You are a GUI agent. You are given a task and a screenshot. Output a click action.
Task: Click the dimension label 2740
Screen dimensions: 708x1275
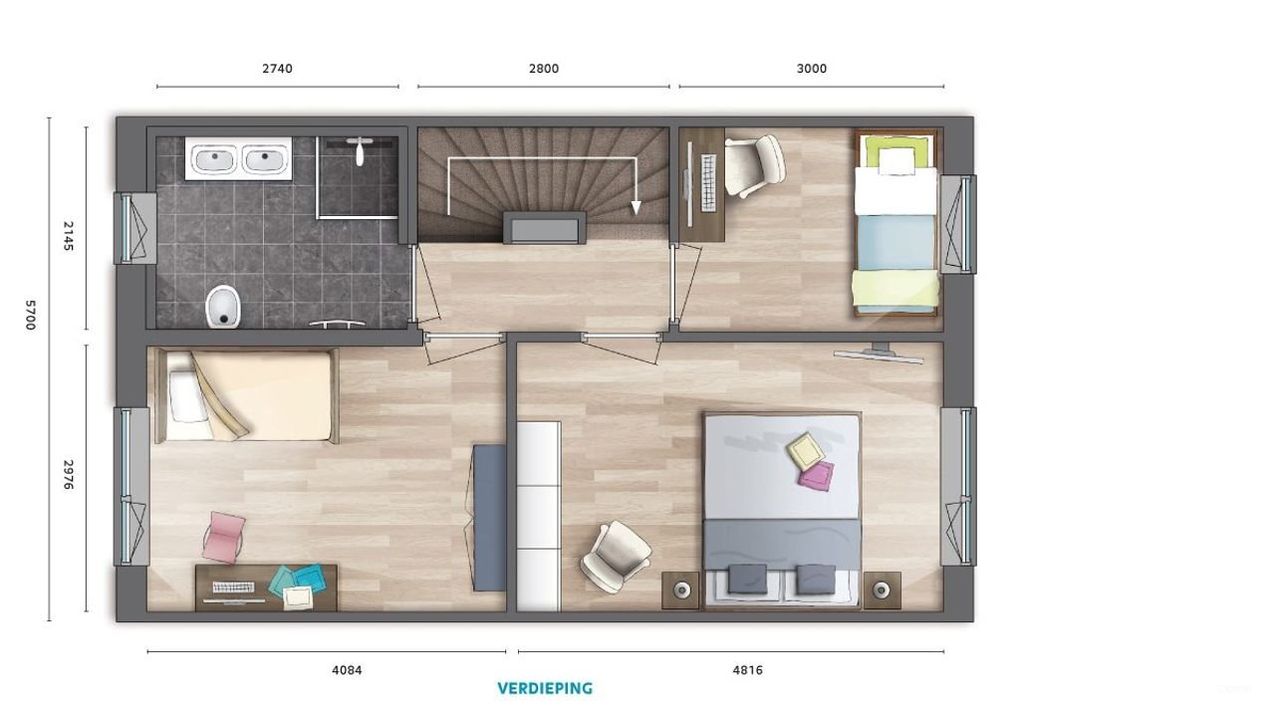277,69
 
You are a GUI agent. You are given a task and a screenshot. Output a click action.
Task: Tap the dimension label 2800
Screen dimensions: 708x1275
543,69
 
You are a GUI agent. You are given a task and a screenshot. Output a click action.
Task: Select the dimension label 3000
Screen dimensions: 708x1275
812,69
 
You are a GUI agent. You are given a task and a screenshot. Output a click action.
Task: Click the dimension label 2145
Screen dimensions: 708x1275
68,235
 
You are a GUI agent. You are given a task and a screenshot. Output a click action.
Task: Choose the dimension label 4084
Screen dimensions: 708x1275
347,670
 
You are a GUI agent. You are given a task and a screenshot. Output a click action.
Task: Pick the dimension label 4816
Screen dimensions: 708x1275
748,670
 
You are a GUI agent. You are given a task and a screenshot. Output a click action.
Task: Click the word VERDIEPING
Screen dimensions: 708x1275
545,688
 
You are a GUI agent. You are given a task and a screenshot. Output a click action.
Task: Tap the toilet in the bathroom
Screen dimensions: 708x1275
224,306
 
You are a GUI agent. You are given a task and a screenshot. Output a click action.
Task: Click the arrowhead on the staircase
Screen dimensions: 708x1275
635,207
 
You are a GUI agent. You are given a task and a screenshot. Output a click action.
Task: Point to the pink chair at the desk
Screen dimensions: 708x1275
224,536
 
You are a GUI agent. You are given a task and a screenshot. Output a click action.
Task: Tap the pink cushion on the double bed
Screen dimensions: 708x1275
816,475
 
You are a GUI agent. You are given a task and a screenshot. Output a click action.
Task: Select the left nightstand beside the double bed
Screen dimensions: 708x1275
681,590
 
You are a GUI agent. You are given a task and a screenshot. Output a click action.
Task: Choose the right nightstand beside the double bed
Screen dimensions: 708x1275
882,590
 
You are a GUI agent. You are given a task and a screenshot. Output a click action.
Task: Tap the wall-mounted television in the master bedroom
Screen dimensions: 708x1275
879,354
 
